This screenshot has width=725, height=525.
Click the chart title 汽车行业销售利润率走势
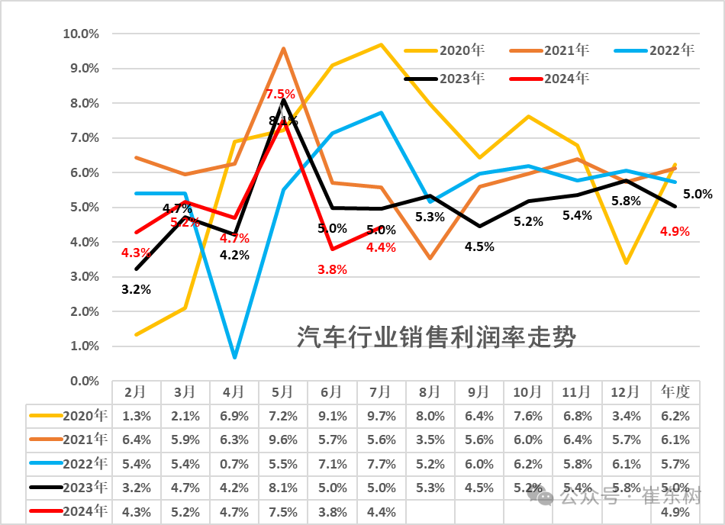pos(436,337)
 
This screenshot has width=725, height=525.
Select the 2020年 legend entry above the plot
pos(444,50)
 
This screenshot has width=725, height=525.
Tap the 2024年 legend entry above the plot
pos(549,79)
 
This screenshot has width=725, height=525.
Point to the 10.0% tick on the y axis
pos(81,34)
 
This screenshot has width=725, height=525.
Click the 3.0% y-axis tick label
pos(85,277)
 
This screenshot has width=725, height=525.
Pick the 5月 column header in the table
pos(282,392)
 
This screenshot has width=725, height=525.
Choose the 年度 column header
pos(675,392)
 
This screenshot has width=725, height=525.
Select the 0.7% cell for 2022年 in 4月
pos(234,464)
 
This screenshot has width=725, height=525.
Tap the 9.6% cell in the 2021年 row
pos(283,440)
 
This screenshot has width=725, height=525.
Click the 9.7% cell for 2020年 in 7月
pos(382,416)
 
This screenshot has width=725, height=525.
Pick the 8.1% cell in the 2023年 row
pos(283,488)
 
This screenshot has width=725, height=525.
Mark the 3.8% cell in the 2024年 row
pos(333,512)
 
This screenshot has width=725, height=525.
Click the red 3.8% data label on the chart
pos(333,269)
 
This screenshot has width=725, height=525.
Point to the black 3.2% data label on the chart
pos(137,290)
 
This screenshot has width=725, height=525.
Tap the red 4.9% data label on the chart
pos(675,231)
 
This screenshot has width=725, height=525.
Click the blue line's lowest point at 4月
pos(235,357)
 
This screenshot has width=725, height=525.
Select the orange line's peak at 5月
pos(283,48)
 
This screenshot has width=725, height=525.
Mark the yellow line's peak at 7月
pos(381,44)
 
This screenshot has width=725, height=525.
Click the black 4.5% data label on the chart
pos(479,246)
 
